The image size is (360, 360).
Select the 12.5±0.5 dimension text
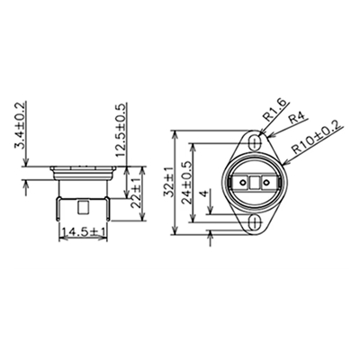121,130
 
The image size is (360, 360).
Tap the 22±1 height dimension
136,193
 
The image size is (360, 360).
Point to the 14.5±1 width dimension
83,232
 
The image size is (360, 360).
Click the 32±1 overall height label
168,182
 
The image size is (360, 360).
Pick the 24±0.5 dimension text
187,183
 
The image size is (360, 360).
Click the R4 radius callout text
297,118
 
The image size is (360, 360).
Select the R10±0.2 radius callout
317,137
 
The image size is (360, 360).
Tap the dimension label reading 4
204,193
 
